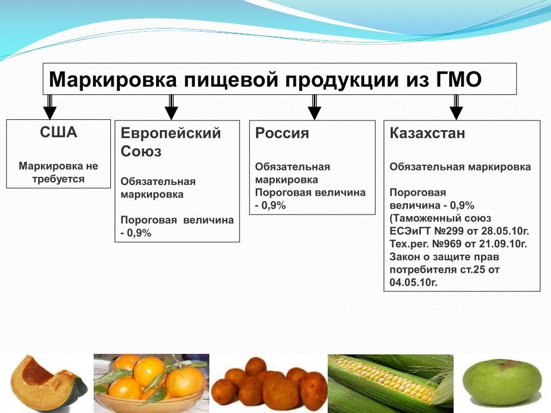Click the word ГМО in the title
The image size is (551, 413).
pyautogui.click(x=458, y=80)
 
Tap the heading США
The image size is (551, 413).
pyautogui.click(x=58, y=132)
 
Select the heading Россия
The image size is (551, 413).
pyautogui.click(x=282, y=133)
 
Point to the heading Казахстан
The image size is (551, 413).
pyautogui.click(x=427, y=133)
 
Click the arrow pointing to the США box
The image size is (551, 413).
pyautogui.click(x=50, y=107)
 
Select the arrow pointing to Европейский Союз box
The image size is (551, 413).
pyautogui.click(x=171, y=107)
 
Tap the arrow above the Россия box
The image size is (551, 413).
pyautogui.click(x=314, y=107)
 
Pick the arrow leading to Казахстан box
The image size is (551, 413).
pyautogui.click(x=456, y=107)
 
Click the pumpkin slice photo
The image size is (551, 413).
pyautogui.click(x=47, y=383)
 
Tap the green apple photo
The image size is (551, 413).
pyautogui.click(x=501, y=382)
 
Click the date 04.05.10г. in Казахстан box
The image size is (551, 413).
pyautogui.click(x=414, y=282)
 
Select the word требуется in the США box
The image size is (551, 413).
pyautogui.click(x=58, y=179)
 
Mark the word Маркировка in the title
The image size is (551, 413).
pyautogui.click(x=112, y=80)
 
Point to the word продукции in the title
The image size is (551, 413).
pyautogui.click(x=342, y=80)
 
